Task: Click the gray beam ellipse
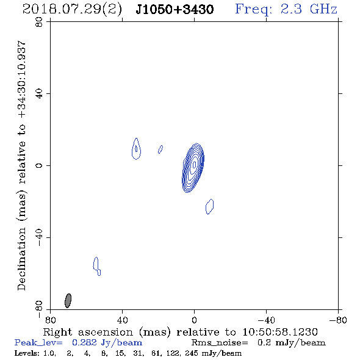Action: [x=68, y=301]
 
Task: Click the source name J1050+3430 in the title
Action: [x=175, y=10]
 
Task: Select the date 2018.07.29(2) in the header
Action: [x=72, y=10]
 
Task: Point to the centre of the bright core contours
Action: [x=194, y=164]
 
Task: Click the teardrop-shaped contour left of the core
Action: [x=136, y=149]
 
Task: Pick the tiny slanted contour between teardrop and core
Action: [x=160, y=149]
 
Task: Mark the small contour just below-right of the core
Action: [x=210, y=207]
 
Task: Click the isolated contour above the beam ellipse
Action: [x=97, y=266]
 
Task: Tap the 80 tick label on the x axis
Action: [x=50, y=320]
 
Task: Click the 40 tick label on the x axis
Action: [x=122, y=320]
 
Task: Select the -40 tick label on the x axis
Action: [x=266, y=320]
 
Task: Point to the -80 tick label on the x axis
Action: [x=338, y=320]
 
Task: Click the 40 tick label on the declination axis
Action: [x=39, y=94]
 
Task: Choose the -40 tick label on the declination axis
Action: [x=39, y=237]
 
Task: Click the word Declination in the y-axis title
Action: [x=21, y=259]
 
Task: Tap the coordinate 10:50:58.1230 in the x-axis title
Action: [x=280, y=332]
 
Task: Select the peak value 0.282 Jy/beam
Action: [x=107, y=343]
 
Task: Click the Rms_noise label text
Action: [x=220, y=343]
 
